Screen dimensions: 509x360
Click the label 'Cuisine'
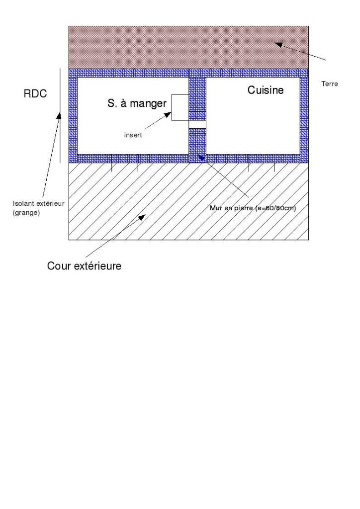(266, 90)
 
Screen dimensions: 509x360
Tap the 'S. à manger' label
(137, 104)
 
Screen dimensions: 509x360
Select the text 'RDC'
(35, 93)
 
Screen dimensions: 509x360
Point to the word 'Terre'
(330, 84)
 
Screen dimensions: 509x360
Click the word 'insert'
(133, 135)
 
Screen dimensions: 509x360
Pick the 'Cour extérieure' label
(84, 266)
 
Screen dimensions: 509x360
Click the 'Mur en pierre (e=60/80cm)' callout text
(253, 208)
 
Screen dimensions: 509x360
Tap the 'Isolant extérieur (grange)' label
(38, 207)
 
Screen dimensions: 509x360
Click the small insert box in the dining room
(180, 107)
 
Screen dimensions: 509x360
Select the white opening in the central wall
(197, 124)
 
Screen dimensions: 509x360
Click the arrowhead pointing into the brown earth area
(278, 45)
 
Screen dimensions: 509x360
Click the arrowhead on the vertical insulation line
(59, 115)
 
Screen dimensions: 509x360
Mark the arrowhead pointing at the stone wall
(201, 158)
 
